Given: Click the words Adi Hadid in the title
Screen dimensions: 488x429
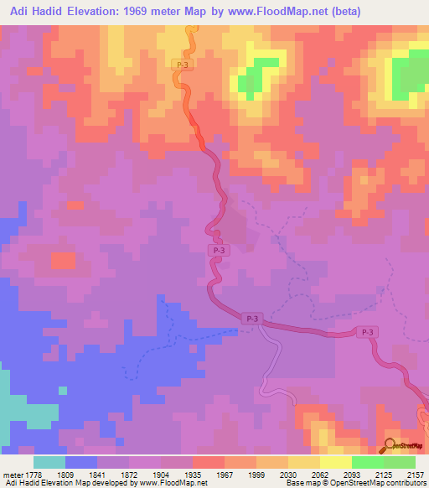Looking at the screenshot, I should (36, 12).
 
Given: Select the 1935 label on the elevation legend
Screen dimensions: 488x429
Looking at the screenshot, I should (193, 473).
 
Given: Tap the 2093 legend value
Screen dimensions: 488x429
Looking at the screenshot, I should (352, 473).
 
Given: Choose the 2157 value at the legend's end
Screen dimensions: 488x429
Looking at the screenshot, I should (415, 473).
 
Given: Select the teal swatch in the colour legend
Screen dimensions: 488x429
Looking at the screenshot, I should (49, 462).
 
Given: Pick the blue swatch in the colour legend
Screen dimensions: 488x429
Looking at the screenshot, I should (81, 462).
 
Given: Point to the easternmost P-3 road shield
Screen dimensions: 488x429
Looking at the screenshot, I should (366, 333).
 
